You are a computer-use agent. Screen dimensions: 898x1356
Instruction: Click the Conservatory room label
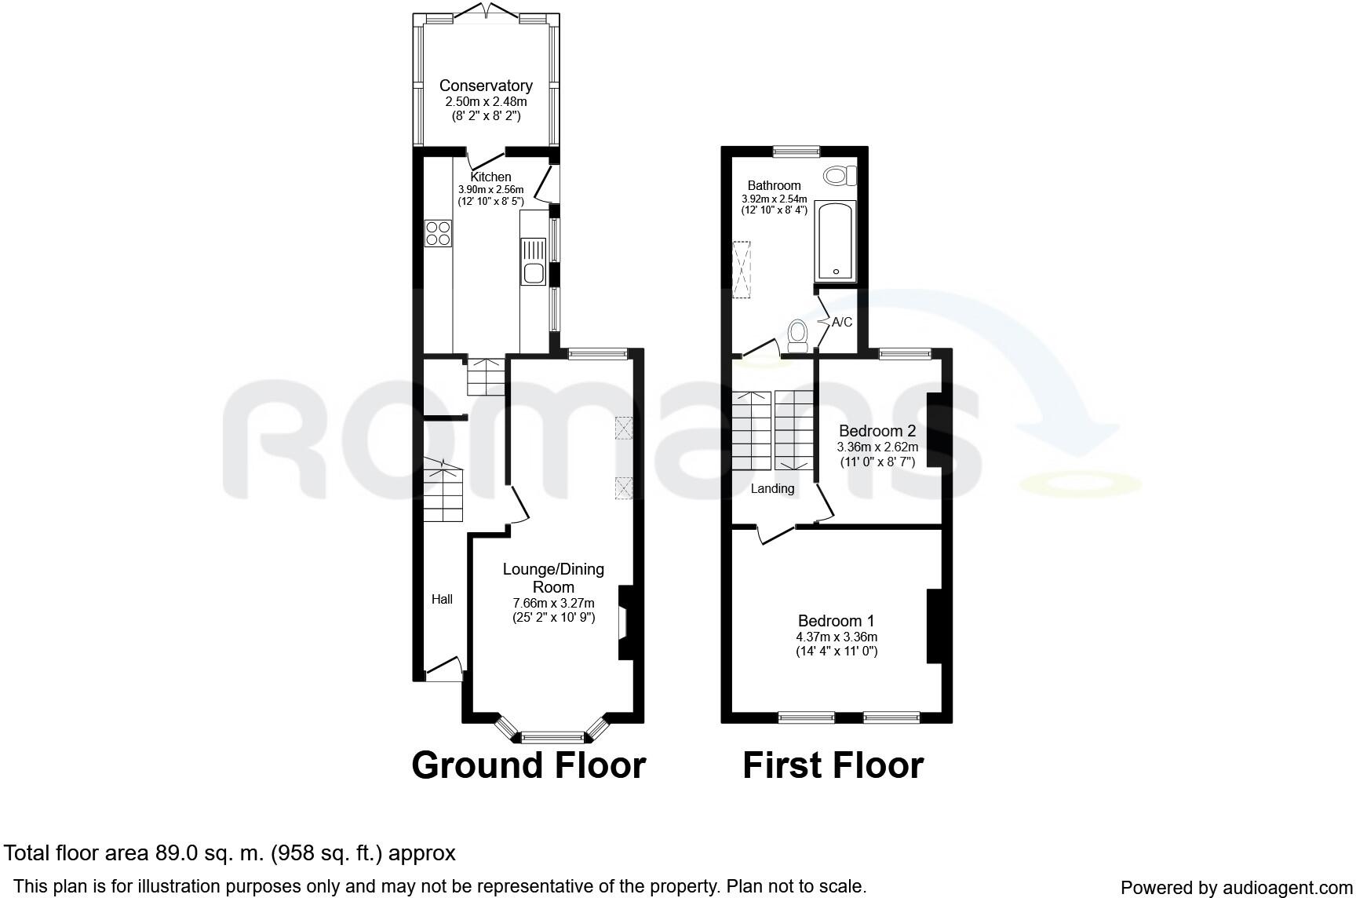point(486,86)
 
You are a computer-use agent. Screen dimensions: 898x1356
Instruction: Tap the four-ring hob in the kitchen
point(439,233)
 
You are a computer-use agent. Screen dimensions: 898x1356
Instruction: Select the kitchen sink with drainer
point(533,261)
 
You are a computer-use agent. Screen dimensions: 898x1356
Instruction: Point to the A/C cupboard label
point(842,323)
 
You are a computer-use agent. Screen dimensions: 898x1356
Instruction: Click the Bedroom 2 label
point(877,431)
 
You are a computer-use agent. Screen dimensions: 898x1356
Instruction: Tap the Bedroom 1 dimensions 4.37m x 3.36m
point(836,637)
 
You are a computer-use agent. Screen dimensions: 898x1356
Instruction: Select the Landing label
point(773,489)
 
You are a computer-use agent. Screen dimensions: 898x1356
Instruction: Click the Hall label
point(442,600)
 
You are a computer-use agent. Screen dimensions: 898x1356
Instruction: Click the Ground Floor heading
point(528,765)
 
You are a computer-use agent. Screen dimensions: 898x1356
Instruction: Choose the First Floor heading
point(833,765)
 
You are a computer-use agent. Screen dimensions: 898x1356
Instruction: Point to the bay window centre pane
point(552,736)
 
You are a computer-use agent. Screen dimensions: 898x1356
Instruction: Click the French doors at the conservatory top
point(486,12)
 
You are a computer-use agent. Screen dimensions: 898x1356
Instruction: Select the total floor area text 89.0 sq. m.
point(230,853)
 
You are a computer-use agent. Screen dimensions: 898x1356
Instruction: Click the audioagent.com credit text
point(1237,888)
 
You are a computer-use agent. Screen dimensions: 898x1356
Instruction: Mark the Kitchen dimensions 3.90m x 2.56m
point(490,189)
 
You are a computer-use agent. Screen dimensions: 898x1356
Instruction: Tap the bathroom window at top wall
point(796,151)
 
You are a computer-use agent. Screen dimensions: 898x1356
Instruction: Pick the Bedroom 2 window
point(904,354)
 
